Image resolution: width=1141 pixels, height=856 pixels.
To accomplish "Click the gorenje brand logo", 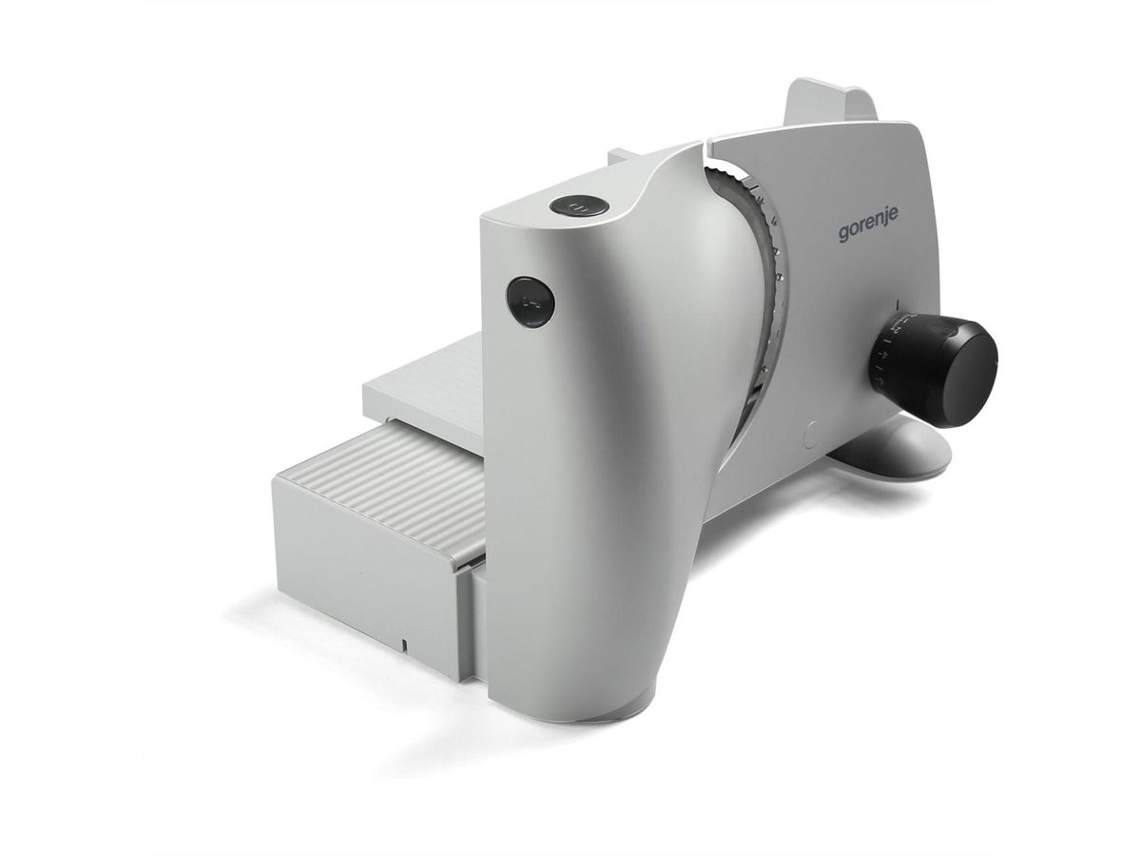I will [867, 229].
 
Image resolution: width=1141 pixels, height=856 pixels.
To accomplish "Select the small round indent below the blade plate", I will [810, 434].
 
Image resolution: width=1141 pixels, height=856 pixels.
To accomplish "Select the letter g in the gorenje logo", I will [844, 233].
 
